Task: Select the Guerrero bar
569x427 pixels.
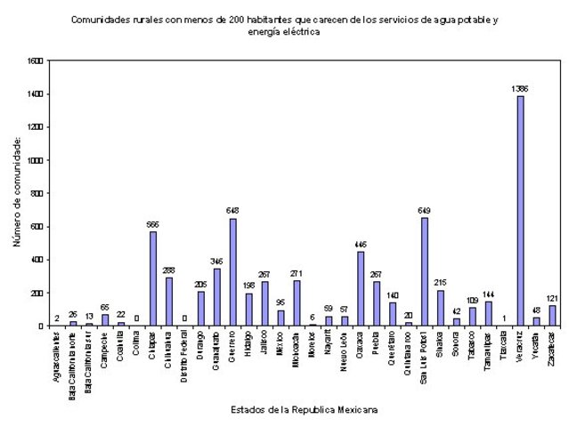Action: (x=232, y=272)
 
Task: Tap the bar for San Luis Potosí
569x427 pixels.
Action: (x=424, y=271)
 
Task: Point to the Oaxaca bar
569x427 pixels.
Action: (x=360, y=288)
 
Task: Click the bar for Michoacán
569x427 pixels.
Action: (x=297, y=302)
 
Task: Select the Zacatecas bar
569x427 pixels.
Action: (x=552, y=315)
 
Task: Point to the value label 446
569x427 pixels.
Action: (x=360, y=244)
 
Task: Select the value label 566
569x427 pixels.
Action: (x=152, y=224)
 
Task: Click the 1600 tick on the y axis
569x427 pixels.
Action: (x=35, y=60)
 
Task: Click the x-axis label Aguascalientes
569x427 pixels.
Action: (x=56, y=351)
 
